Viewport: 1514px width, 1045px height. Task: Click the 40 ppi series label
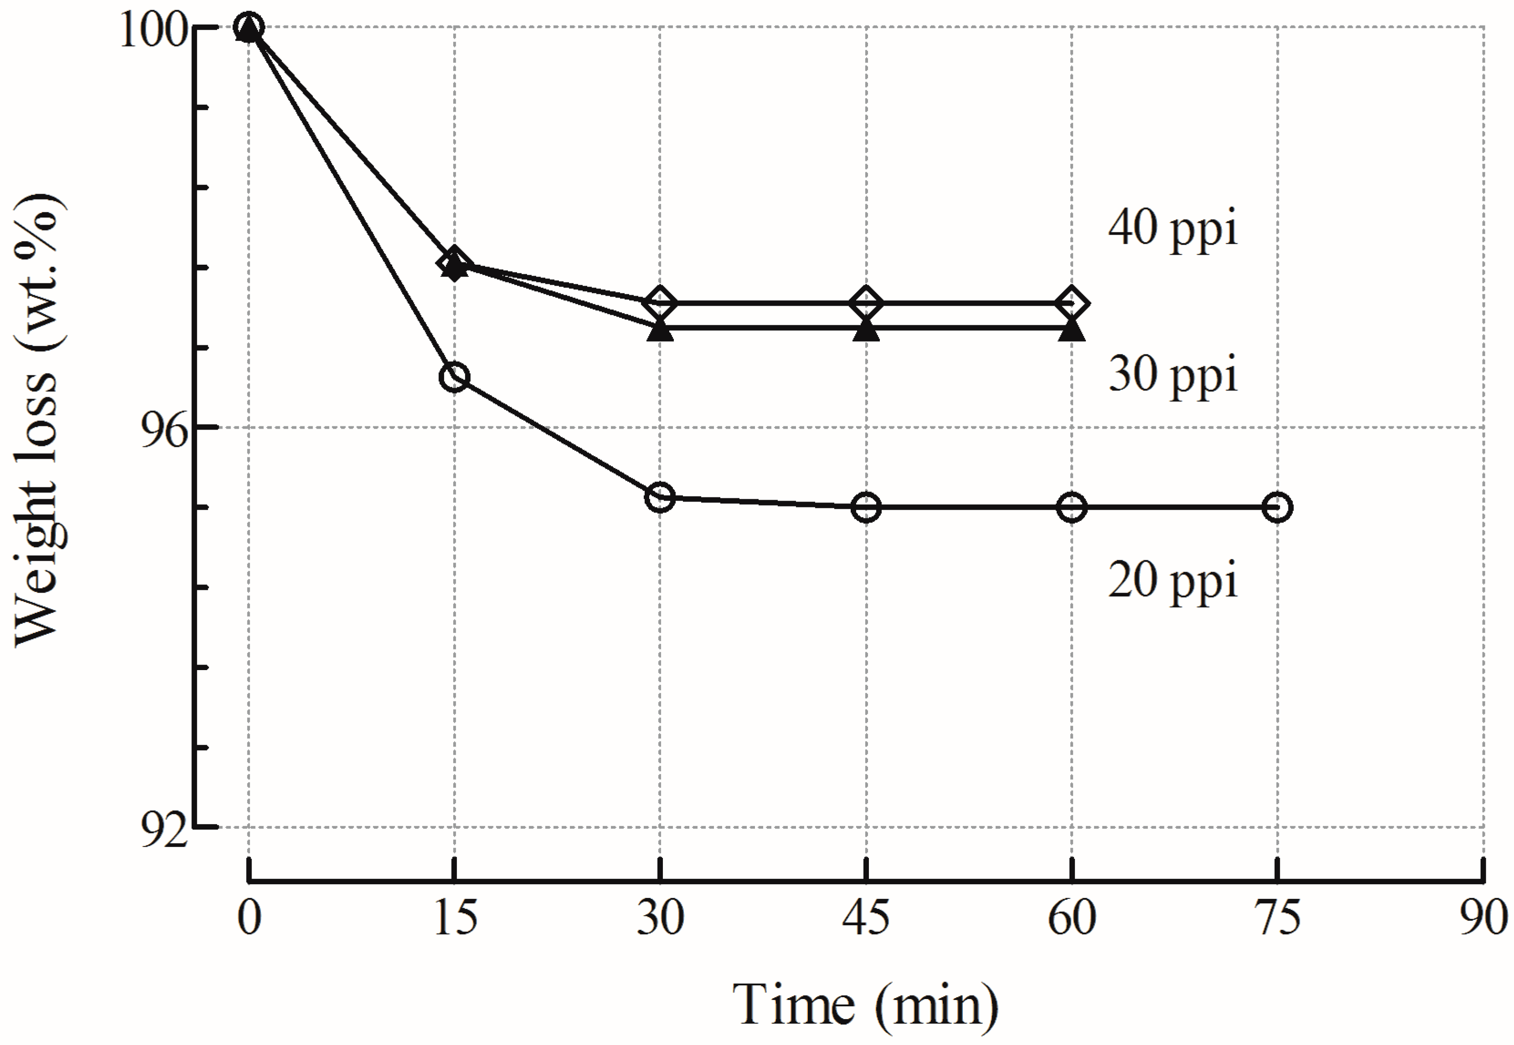click(1172, 229)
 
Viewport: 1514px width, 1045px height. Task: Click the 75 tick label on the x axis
click(1277, 918)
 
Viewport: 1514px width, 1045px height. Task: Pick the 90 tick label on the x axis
click(1483, 918)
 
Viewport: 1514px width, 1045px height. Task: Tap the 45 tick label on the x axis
click(866, 918)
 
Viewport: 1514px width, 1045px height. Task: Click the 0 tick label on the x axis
click(249, 918)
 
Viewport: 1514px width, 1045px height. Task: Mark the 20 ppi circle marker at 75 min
click(1277, 507)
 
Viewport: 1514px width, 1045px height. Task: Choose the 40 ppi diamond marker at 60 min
click(1072, 303)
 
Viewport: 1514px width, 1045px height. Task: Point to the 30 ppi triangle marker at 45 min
click(866, 330)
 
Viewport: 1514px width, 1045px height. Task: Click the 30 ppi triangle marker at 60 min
click(1072, 330)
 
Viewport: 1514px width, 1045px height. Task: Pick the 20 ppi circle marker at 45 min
click(866, 507)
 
